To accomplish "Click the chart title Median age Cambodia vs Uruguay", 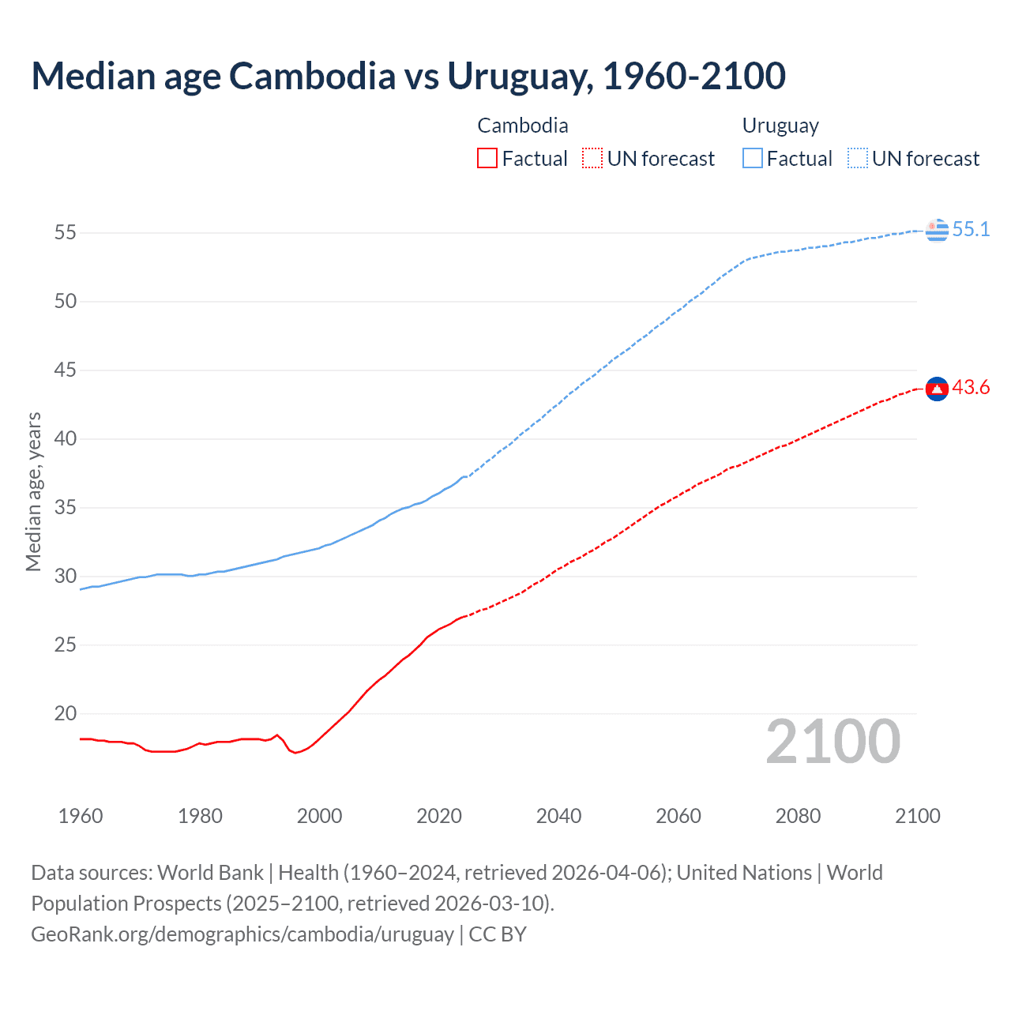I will pos(408,76).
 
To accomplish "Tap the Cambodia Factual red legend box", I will pos(487,159).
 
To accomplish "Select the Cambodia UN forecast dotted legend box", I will pos(592,159).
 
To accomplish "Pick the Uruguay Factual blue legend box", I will pos(753,159).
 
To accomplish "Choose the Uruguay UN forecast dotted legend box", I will pos(857,159).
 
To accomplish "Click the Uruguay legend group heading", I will pos(780,126).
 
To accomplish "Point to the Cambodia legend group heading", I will pos(523,126).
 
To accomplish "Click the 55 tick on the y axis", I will pos(66,233).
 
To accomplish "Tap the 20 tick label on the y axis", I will pos(66,714).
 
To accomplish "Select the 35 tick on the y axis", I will pos(66,508).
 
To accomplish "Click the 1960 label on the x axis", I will pos(81,816).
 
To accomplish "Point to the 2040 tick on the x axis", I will pos(558,816).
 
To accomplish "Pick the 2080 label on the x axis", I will pos(798,816).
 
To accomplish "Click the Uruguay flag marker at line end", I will pos(937,230).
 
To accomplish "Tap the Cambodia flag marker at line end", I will pos(937,389).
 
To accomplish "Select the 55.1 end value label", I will pos(971,230).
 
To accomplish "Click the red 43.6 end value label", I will pos(971,388).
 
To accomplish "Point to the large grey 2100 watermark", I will pos(833,742).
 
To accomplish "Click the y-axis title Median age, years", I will pos(33,491).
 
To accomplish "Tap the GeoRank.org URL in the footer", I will pos(242,934).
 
